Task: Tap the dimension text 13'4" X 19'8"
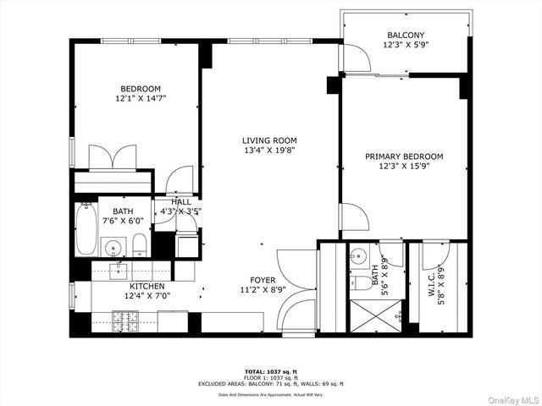(269, 151)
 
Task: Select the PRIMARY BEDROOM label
(404, 156)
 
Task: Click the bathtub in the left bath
(86, 229)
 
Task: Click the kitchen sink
(119, 272)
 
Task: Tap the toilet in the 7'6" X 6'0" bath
(141, 246)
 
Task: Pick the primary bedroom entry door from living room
(353, 217)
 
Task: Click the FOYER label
(263, 280)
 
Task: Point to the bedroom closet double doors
(113, 158)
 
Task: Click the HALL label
(181, 202)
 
